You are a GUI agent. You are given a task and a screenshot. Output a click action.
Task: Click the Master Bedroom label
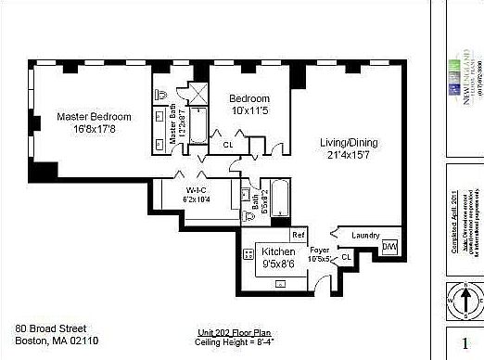pyautogui.click(x=94, y=117)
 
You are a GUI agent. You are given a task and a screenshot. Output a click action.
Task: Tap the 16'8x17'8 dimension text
pyautogui.click(x=94, y=129)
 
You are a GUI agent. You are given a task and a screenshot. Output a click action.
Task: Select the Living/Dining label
pyautogui.click(x=351, y=142)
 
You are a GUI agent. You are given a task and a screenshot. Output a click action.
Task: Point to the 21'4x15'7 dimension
pyautogui.click(x=351, y=154)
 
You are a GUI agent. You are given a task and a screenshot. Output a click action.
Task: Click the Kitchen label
pyautogui.click(x=278, y=251)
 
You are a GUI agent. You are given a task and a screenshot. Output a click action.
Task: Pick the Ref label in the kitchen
pyautogui.click(x=299, y=234)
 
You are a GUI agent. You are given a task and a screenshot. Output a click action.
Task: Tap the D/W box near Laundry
pyautogui.click(x=389, y=247)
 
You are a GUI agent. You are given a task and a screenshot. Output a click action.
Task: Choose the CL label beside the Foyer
pyautogui.click(x=346, y=256)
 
